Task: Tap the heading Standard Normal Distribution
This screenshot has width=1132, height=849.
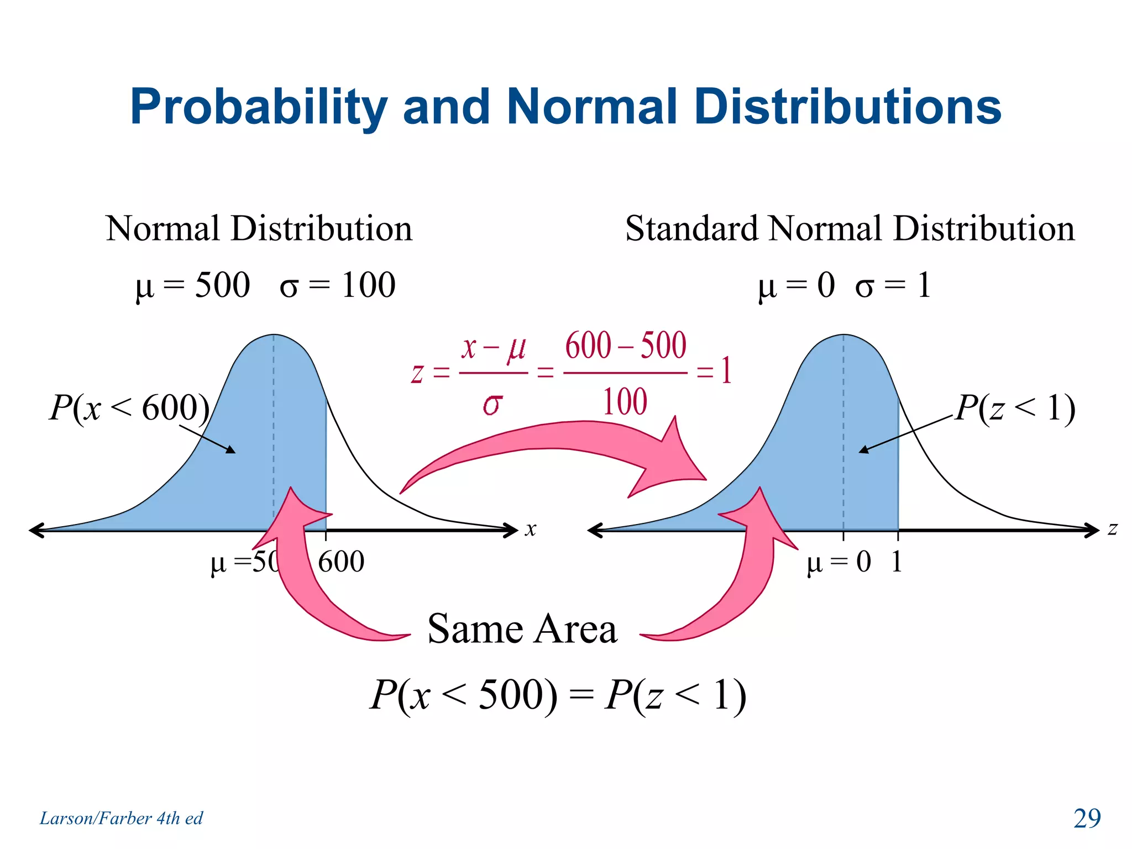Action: tap(850, 229)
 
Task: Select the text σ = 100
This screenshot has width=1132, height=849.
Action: tap(338, 286)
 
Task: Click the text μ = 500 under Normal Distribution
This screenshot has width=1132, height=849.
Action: tap(193, 286)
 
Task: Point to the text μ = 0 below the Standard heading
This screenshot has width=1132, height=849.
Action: tap(796, 286)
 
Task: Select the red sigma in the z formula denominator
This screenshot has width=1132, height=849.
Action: tap(492, 404)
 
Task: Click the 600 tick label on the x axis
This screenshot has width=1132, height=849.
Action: tap(341, 562)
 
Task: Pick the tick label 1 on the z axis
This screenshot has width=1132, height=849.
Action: tap(897, 562)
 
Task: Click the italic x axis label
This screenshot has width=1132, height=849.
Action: tap(531, 529)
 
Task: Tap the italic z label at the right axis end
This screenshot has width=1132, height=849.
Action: tap(1112, 528)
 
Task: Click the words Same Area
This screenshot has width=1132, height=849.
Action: tap(522, 630)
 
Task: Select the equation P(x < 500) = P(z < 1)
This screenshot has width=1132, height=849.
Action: tap(558, 695)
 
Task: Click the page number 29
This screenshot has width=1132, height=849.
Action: tap(1087, 818)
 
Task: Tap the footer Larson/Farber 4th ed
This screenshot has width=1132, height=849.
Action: tap(121, 818)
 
